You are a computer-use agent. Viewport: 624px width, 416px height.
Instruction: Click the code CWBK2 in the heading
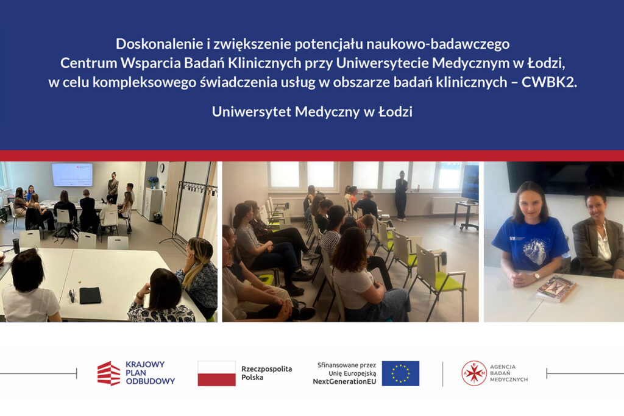pyautogui.click(x=549, y=82)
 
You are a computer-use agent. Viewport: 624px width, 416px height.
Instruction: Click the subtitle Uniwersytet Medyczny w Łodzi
pyautogui.click(x=312, y=111)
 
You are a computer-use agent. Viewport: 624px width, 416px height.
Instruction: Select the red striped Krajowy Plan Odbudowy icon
pyautogui.click(x=108, y=373)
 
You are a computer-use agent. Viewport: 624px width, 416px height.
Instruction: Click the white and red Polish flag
pyautogui.click(x=216, y=373)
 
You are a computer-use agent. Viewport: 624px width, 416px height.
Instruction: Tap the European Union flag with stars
pyautogui.click(x=400, y=373)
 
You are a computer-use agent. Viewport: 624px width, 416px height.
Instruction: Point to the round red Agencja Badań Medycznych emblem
pyautogui.click(x=473, y=373)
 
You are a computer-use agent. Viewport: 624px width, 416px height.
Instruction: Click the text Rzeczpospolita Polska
pyautogui.click(x=267, y=373)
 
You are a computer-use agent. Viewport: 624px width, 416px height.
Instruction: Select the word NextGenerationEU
pyautogui.click(x=344, y=382)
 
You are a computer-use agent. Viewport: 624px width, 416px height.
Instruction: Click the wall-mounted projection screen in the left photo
pyautogui.click(x=72, y=175)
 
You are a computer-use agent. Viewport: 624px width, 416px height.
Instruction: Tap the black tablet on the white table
pyautogui.click(x=90, y=295)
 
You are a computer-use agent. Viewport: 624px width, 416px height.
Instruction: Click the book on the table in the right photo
pyautogui.click(x=556, y=289)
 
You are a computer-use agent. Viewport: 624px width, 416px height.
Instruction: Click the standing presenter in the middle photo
pyautogui.click(x=401, y=196)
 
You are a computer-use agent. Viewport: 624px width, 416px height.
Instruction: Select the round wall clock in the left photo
pyautogui.click(x=162, y=168)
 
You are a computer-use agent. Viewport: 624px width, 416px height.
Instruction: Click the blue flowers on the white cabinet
pyautogui.click(x=153, y=181)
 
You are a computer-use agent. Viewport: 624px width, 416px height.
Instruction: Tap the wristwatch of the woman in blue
pyautogui.click(x=537, y=275)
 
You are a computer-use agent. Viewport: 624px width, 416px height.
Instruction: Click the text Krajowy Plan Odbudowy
pyautogui.click(x=150, y=373)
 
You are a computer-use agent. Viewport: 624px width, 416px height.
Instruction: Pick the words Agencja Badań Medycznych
pyautogui.click(x=509, y=373)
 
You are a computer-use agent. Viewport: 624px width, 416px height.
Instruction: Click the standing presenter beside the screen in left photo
pyautogui.click(x=113, y=188)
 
